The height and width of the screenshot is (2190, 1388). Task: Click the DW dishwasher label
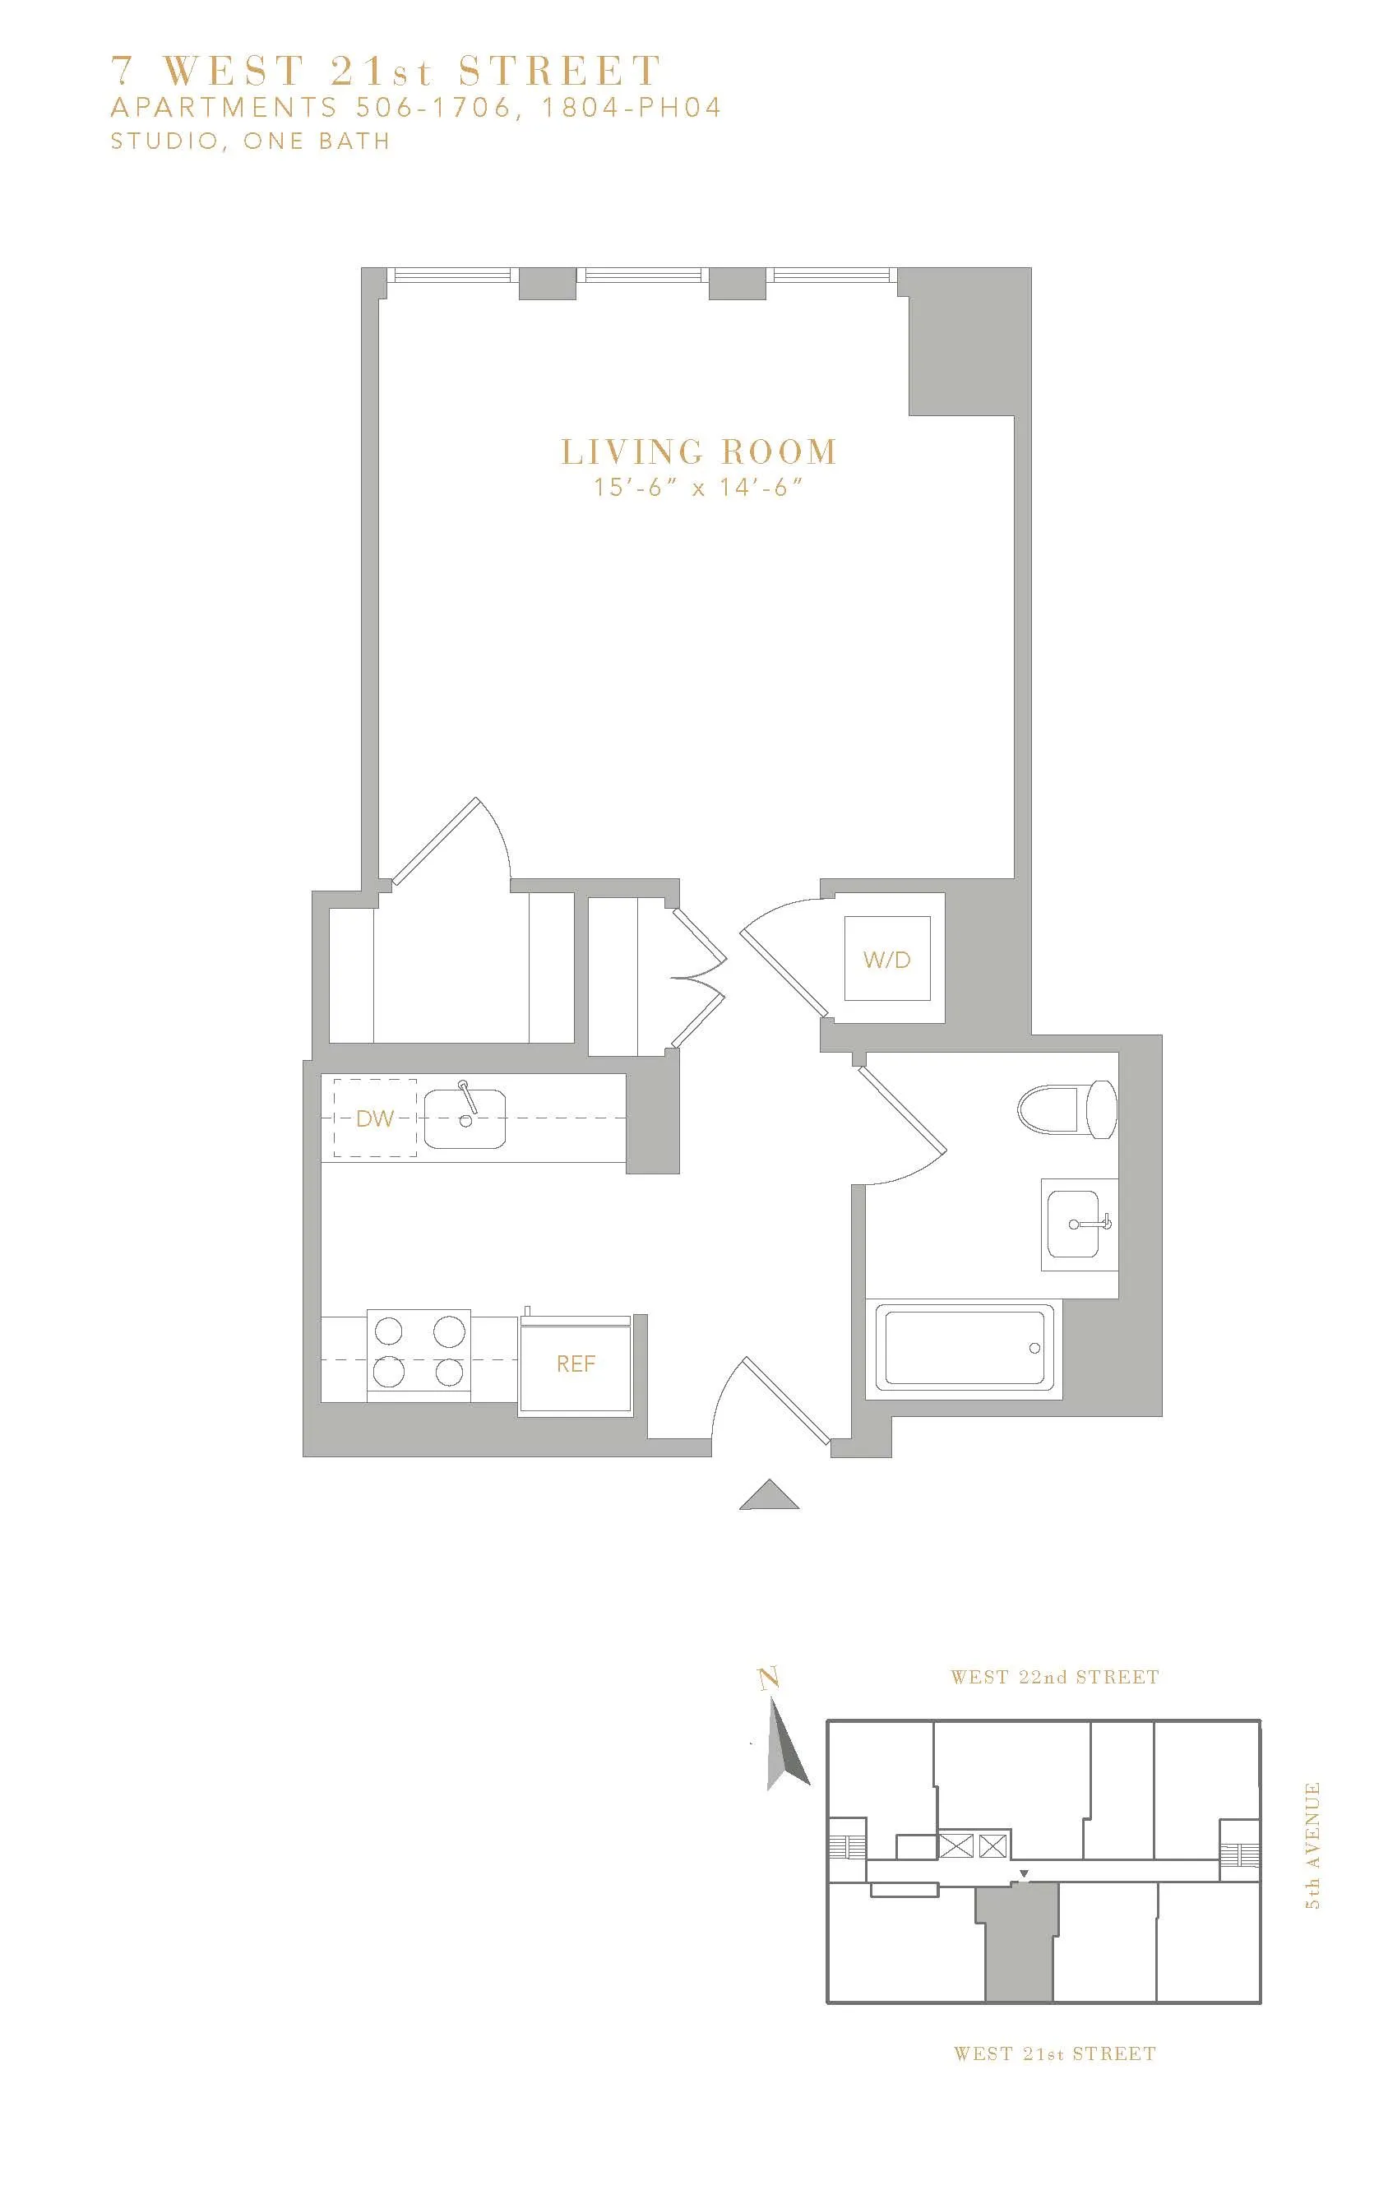(x=374, y=1118)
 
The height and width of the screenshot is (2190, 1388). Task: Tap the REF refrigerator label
(x=576, y=1364)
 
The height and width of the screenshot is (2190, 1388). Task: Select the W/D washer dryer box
(x=887, y=959)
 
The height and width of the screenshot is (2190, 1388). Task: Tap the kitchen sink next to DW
(x=465, y=1118)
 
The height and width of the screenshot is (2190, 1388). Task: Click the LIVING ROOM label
(x=697, y=452)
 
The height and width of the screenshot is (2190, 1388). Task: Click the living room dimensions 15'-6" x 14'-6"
(x=697, y=488)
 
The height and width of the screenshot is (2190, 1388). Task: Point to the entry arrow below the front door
(x=769, y=1495)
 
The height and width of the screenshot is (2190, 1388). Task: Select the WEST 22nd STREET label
(x=1054, y=1676)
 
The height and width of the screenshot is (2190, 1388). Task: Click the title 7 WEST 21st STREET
(x=386, y=71)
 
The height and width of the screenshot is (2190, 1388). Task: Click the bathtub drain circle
(x=1034, y=1348)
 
